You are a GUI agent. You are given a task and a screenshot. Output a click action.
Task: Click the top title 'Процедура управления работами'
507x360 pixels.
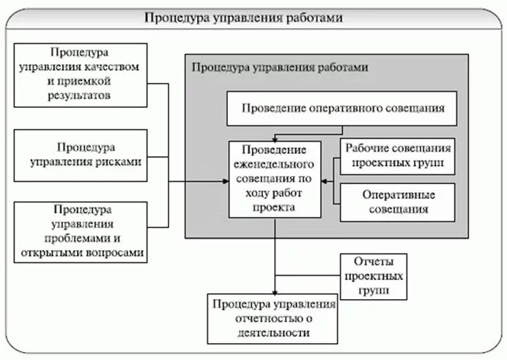pyautogui.click(x=253, y=18)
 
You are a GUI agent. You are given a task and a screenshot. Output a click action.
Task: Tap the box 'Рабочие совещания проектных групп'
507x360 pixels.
pyautogui.click(x=398, y=156)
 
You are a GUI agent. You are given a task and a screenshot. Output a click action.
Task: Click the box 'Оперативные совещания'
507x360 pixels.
pyautogui.click(x=398, y=202)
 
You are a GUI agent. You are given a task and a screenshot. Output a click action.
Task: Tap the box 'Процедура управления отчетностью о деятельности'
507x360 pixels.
pyautogui.click(x=273, y=318)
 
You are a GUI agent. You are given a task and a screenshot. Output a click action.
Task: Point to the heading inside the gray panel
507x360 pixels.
pyautogui.click(x=279, y=67)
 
